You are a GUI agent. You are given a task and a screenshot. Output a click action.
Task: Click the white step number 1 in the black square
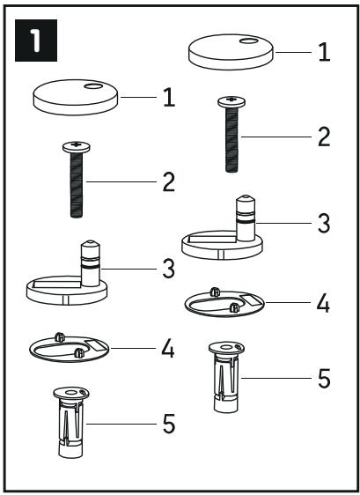pyautogui.click(x=35, y=41)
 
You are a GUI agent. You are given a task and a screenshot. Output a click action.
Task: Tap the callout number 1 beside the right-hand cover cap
pyautogui.click(x=324, y=52)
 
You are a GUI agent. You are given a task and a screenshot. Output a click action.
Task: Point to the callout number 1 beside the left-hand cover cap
pyautogui.click(x=169, y=98)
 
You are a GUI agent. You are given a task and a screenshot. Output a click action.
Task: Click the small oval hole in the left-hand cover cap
pyautogui.click(x=93, y=85)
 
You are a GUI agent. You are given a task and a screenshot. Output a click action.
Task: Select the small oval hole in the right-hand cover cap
pyautogui.click(x=248, y=41)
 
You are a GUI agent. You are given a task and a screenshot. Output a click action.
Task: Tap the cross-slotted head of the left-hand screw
pyautogui.click(x=76, y=147)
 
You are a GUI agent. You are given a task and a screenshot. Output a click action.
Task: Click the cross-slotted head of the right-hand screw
pyautogui.click(x=231, y=101)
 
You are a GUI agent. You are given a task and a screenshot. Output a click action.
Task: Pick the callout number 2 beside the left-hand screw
pyautogui.click(x=169, y=182)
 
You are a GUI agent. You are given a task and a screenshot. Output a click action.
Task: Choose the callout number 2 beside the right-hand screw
pyautogui.click(x=324, y=137)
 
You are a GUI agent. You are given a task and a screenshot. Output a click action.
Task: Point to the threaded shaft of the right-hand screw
pyautogui.click(x=231, y=139)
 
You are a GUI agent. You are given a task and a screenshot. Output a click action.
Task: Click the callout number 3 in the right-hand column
pyautogui.click(x=324, y=223)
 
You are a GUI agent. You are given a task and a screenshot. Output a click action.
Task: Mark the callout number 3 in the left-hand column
pyautogui.click(x=168, y=269)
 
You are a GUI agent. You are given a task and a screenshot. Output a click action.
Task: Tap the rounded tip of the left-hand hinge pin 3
pyautogui.click(x=91, y=244)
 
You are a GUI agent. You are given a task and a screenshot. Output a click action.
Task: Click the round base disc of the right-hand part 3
pyautogui.click(x=222, y=248)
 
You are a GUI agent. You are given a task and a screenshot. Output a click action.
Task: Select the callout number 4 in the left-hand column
pyautogui.click(x=168, y=349)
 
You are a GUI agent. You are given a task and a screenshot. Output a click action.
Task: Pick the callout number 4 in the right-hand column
pyautogui.click(x=323, y=303)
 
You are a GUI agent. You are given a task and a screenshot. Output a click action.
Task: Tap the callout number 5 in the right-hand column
pyautogui.click(x=324, y=379)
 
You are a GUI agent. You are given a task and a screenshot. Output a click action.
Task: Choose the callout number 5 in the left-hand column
pyautogui.click(x=169, y=425)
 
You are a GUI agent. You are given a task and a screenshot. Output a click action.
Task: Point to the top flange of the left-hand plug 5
pyautogui.click(x=71, y=394)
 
